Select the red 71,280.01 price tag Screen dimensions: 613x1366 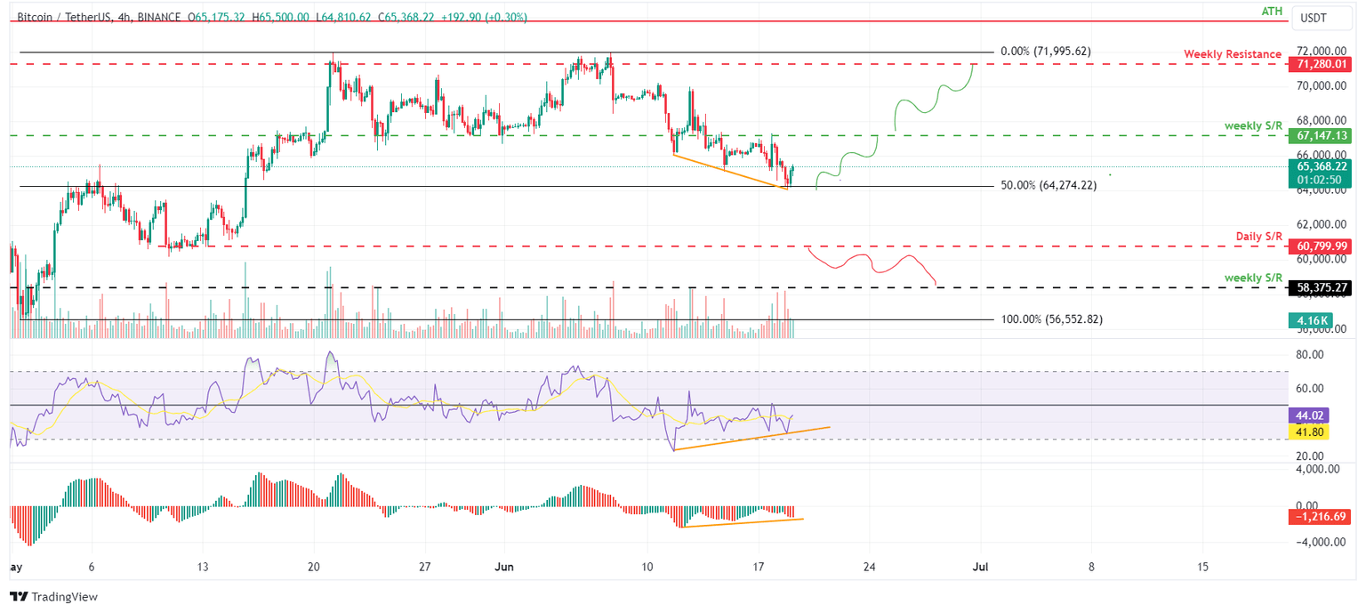[x=1323, y=65]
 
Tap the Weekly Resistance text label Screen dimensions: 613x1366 [x=1232, y=54]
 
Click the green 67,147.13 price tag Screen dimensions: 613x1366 [x=1323, y=136]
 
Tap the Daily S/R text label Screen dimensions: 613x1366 [x=1258, y=236]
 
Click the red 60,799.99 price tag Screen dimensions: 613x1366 [x=1323, y=246]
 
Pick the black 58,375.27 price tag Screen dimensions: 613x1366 [x=1323, y=288]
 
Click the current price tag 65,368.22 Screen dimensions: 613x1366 [x=1323, y=166]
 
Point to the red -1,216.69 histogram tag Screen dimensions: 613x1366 [x=1323, y=516]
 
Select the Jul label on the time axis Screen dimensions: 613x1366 [x=980, y=567]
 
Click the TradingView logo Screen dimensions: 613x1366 [x=53, y=597]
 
